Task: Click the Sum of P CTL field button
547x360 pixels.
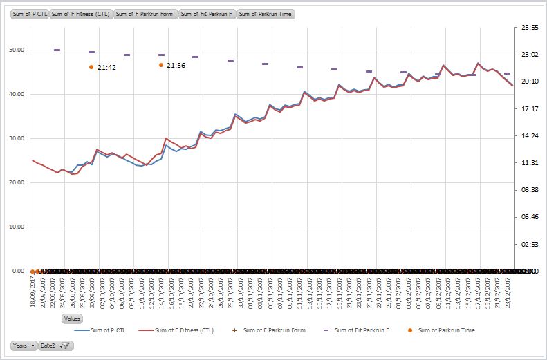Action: coord(30,14)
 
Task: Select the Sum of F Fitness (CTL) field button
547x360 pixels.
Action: coord(81,14)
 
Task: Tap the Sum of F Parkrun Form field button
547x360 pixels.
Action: coord(145,14)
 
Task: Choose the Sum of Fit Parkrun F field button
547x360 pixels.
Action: coord(207,14)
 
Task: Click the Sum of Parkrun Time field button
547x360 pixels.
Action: coord(266,14)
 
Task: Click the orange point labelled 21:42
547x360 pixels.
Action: coord(91,67)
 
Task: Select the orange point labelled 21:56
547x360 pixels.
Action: coord(161,65)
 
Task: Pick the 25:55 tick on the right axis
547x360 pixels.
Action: coord(529,28)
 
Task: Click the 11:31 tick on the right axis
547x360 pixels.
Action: coord(529,163)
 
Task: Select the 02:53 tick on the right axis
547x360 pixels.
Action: coord(529,244)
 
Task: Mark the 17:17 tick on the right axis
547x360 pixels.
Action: coord(529,108)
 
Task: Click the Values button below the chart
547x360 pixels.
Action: coord(72,319)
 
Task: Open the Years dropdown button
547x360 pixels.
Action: coord(24,345)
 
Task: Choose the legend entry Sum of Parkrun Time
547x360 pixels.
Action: coord(445,330)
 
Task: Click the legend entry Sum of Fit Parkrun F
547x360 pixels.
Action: coord(361,330)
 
